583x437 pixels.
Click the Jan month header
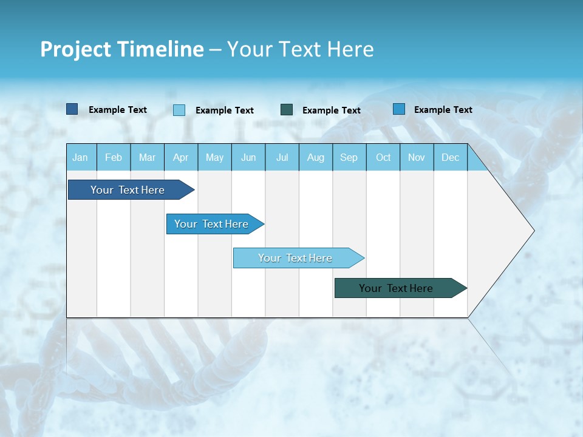80,158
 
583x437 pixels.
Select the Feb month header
114,158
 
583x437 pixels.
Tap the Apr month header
181,158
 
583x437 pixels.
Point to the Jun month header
248,158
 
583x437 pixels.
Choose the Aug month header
316,158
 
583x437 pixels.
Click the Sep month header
349,158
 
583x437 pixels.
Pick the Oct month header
383,158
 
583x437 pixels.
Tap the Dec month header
451,158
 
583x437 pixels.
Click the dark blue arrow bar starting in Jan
128,190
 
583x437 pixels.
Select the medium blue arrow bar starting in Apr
211,224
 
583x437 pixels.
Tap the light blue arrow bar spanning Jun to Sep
295,258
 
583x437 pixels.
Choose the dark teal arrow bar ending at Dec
396,288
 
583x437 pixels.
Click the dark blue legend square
72,109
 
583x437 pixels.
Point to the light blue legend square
179,110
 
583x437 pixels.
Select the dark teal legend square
287,110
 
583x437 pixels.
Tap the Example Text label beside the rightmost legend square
443,110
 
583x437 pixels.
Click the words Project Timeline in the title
121,49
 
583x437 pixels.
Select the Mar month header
147,158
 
